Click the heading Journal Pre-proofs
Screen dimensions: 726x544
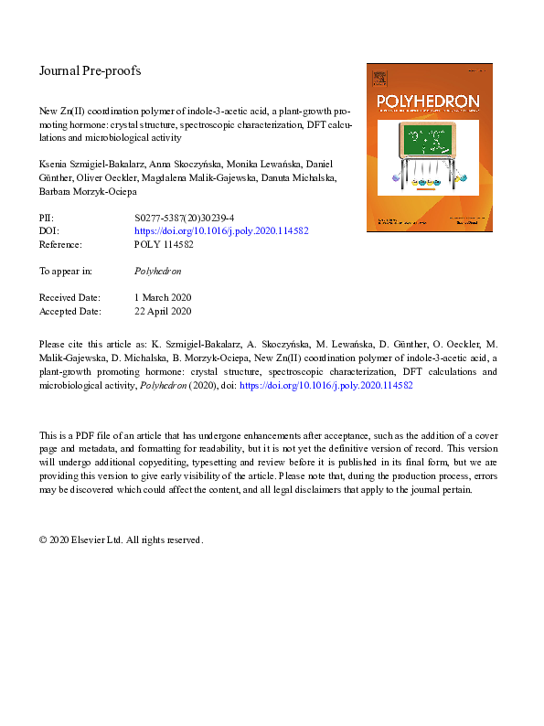[90, 70]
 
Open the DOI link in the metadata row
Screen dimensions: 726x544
[220, 232]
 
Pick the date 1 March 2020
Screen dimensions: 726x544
[163, 298]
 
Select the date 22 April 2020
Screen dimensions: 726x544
[163, 311]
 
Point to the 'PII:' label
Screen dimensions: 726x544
[47, 219]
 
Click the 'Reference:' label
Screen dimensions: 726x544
[60, 245]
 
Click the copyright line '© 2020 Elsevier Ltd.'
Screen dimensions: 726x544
[92, 540]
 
